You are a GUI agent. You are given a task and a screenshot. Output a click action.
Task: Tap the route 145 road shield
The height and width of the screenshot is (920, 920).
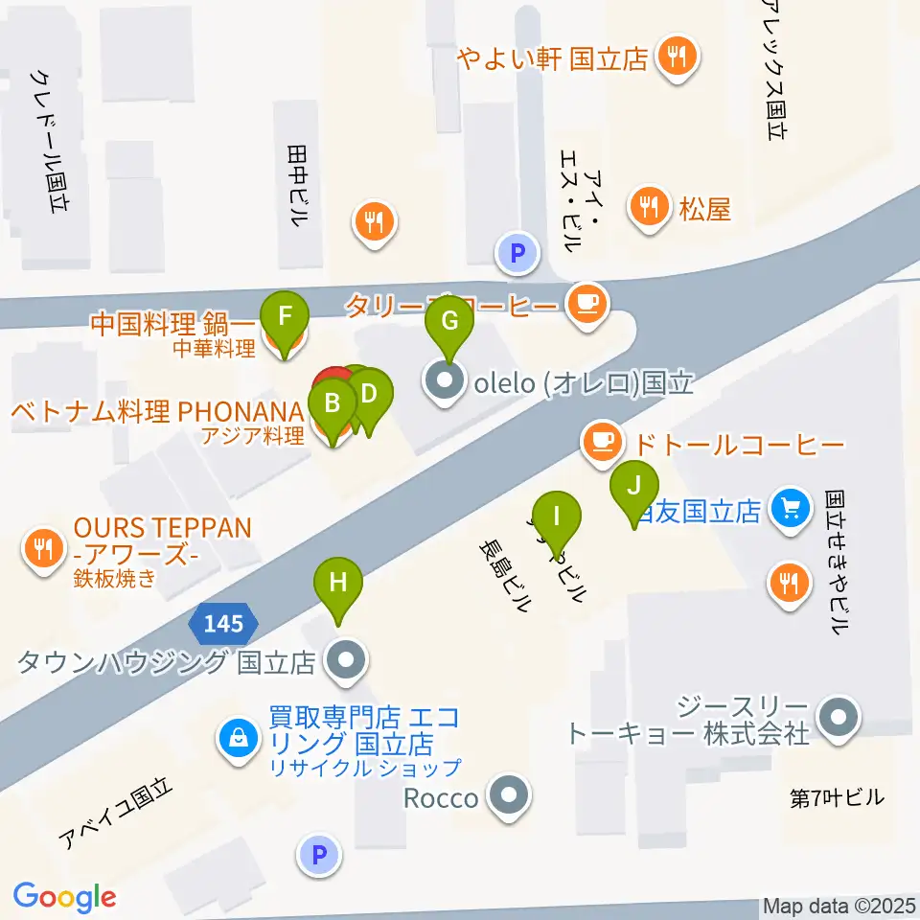[x=223, y=624]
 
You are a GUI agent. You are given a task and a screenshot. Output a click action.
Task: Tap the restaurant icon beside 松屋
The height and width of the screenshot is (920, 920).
[x=649, y=205]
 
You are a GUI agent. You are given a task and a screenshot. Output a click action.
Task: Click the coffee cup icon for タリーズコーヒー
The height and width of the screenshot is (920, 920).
[x=586, y=304]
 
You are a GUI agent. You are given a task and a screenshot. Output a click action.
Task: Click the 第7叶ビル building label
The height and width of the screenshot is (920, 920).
[x=837, y=796]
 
